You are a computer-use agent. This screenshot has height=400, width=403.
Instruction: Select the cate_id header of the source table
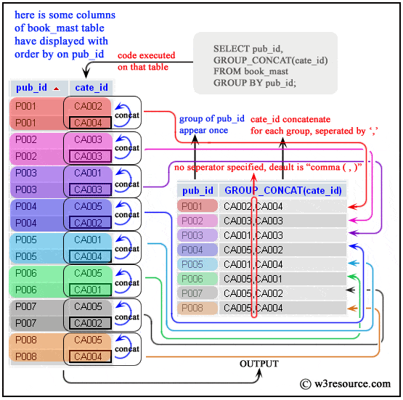point(93,88)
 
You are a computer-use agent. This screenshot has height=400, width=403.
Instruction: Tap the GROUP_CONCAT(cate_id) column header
point(282,191)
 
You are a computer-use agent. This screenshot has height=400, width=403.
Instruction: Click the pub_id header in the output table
point(198,191)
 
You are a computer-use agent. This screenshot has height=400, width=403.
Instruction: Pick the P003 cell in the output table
point(192,235)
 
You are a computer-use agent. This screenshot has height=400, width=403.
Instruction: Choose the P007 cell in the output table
point(192,293)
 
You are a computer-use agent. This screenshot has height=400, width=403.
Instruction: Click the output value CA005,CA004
point(253,308)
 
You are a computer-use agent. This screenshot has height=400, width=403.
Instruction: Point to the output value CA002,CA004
point(253,206)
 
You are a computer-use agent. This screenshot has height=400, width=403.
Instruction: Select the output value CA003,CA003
point(253,221)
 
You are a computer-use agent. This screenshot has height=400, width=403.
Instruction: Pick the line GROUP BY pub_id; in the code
point(254,83)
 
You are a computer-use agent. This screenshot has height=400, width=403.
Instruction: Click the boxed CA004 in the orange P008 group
point(89,356)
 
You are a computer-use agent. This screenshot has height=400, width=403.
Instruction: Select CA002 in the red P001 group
point(89,106)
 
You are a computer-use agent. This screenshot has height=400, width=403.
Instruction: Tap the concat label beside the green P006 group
point(127,282)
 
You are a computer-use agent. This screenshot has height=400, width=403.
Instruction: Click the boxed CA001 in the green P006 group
point(89,290)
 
